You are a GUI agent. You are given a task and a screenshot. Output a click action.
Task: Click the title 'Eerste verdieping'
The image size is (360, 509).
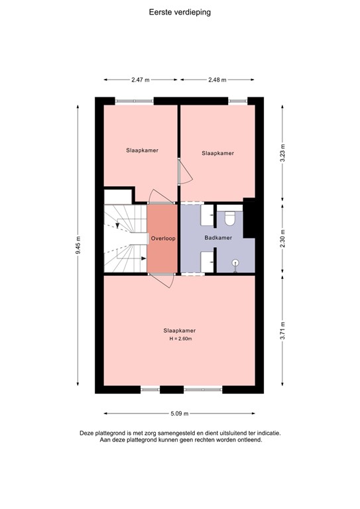(180, 12)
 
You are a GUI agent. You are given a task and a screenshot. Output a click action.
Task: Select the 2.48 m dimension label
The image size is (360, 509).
(217, 80)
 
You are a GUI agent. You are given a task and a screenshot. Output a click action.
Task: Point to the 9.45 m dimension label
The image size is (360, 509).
(78, 243)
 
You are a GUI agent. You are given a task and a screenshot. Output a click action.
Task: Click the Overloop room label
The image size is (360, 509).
(162, 238)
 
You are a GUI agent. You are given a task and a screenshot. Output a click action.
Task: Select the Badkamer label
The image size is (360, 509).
(217, 238)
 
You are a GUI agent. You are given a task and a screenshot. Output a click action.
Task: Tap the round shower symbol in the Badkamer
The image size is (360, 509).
(235, 263)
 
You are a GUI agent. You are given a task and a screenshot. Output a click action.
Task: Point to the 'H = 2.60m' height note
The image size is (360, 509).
(180, 339)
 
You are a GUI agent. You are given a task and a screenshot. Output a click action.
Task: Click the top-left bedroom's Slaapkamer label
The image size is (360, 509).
(142, 150)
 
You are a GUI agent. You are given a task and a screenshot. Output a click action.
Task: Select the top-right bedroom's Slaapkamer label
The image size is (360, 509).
(217, 153)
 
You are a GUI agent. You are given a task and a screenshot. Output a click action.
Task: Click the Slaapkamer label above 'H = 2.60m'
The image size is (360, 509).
(180, 330)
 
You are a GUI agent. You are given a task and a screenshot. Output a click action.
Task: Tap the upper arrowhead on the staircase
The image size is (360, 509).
(117, 226)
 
